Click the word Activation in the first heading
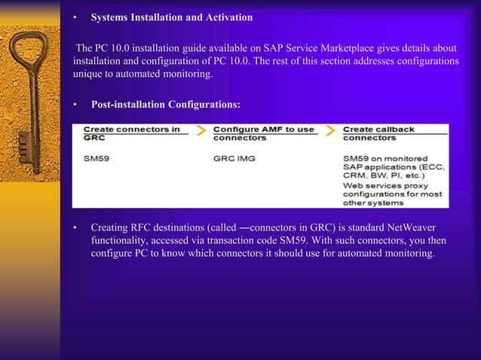(227, 17)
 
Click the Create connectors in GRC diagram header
(131, 133)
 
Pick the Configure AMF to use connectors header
(264, 133)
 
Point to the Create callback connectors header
(378, 133)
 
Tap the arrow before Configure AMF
(201, 131)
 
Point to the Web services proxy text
(385, 185)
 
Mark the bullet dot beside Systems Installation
(75, 17)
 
